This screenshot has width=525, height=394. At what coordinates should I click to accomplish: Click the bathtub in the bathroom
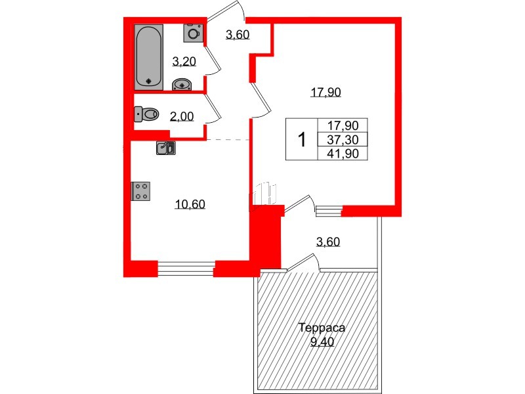pyautogui.click(x=149, y=56)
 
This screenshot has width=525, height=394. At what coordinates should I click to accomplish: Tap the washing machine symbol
pyautogui.click(x=193, y=32)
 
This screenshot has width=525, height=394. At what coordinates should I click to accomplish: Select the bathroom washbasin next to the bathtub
pyautogui.click(x=182, y=84)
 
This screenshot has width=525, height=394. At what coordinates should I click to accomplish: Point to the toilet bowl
pyautogui.click(x=147, y=114)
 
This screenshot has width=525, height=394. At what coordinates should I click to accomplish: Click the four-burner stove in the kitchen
pyautogui.click(x=141, y=190)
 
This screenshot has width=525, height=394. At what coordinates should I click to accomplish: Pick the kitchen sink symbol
pyautogui.click(x=165, y=148)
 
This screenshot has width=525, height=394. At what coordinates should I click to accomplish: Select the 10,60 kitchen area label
pyautogui.click(x=190, y=204)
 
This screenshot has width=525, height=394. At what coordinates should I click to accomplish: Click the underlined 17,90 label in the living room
pyautogui.click(x=326, y=93)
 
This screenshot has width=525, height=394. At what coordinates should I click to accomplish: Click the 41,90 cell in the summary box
pyautogui.click(x=343, y=154)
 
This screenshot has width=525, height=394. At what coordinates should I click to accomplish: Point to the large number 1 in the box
pyautogui.click(x=302, y=140)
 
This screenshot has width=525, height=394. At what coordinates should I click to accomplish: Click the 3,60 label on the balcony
pyautogui.click(x=327, y=242)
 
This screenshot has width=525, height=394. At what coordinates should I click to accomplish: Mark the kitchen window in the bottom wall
pyautogui.click(x=186, y=267)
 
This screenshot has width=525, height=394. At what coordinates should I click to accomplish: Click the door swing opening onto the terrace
pyautogui.click(x=303, y=263)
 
